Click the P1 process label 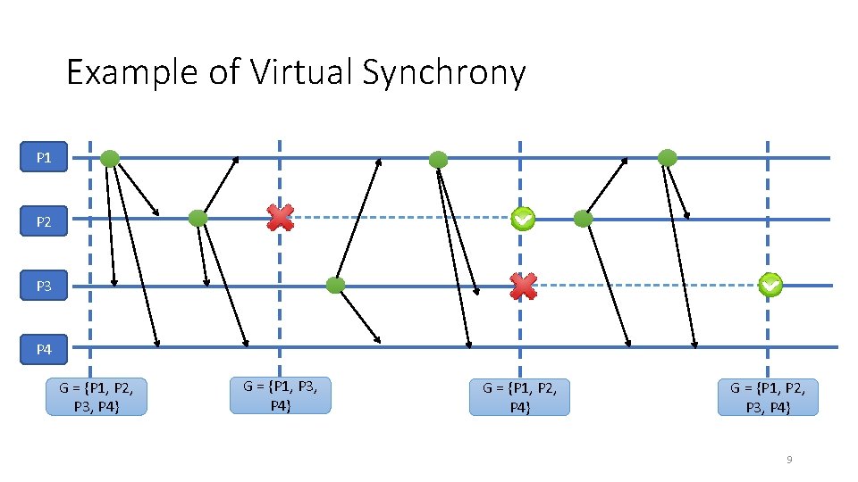coord(44,159)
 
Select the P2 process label coord(44,222)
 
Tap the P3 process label coord(44,287)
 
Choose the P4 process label coord(44,350)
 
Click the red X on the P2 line coord(281,217)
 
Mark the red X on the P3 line coord(523,286)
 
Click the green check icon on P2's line coord(523,218)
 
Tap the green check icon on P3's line coord(770,286)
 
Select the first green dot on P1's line coord(109,159)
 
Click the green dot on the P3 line coord(335,286)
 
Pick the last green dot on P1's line coord(667,158)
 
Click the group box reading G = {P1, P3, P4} coord(280,395)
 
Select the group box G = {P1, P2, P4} coord(519,396)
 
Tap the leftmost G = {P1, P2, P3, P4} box coord(96,396)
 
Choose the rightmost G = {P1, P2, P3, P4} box coord(768,396)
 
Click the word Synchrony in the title coord(443,72)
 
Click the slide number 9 coord(788,460)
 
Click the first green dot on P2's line coord(198,218)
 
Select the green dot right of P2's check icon coord(583,218)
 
